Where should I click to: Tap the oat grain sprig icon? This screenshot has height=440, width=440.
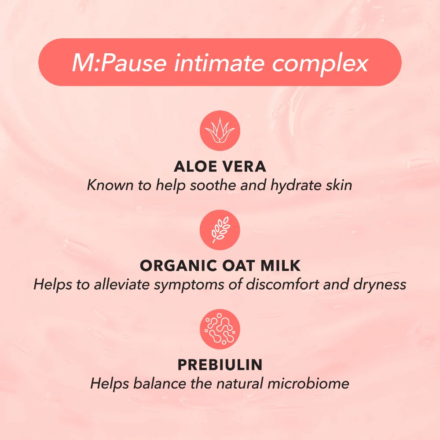point(220,229)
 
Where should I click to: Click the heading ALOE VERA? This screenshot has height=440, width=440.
point(220,167)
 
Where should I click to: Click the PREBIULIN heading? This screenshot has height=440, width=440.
point(220,365)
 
